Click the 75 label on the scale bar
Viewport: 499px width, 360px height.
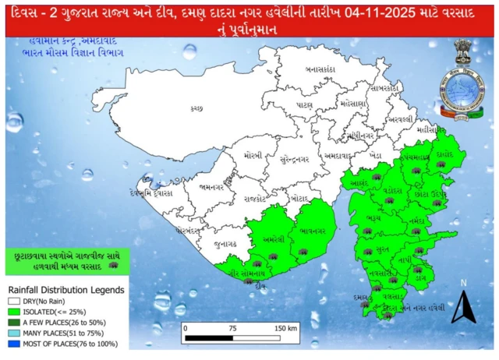[x=232, y=328]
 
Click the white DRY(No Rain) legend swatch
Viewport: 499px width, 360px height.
[x=13, y=300]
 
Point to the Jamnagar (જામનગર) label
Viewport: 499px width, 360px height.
[x=212, y=187]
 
